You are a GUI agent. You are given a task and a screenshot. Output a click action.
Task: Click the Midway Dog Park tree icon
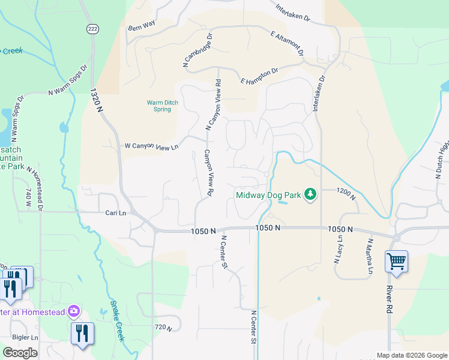click(x=310, y=194)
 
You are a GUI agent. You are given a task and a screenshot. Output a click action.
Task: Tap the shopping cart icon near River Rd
click(x=396, y=262)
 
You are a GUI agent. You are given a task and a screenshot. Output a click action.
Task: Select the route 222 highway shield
click(x=92, y=29)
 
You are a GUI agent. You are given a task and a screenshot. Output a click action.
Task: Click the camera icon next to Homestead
click(x=74, y=310)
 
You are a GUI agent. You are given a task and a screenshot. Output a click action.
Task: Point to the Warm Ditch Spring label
click(x=163, y=106)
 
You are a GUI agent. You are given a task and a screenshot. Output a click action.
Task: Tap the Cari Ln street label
click(x=116, y=213)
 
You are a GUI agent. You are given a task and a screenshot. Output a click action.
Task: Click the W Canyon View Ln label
click(x=151, y=146)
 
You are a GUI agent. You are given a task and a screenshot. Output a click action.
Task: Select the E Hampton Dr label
click(x=259, y=76)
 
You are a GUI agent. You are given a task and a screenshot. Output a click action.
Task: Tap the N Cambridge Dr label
click(x=197, y=50)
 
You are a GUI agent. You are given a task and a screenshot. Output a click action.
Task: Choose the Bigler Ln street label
click(x=26, y=338)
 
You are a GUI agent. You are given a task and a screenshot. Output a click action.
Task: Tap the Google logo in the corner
click(x=20, y=352)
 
